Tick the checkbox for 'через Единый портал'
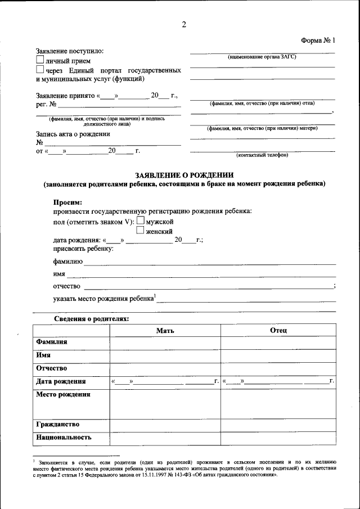(39, 70)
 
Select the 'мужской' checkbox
(141, 221)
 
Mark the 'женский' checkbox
(141, 230)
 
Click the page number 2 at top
(184, 24)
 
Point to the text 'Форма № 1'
(318, 40)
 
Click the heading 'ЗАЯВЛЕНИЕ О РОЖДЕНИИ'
(184, 175)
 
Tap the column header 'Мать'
(165, 330)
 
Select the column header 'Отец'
(278, 330)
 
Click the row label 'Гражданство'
(58, 424)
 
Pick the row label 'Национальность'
(64, 437)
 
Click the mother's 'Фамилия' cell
(165, 343)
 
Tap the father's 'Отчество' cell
(278, 369)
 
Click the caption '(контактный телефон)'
(262, 155)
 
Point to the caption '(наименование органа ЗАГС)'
(262, 57)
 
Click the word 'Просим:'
(67, 202)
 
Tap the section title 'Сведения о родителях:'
(91, 319)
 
